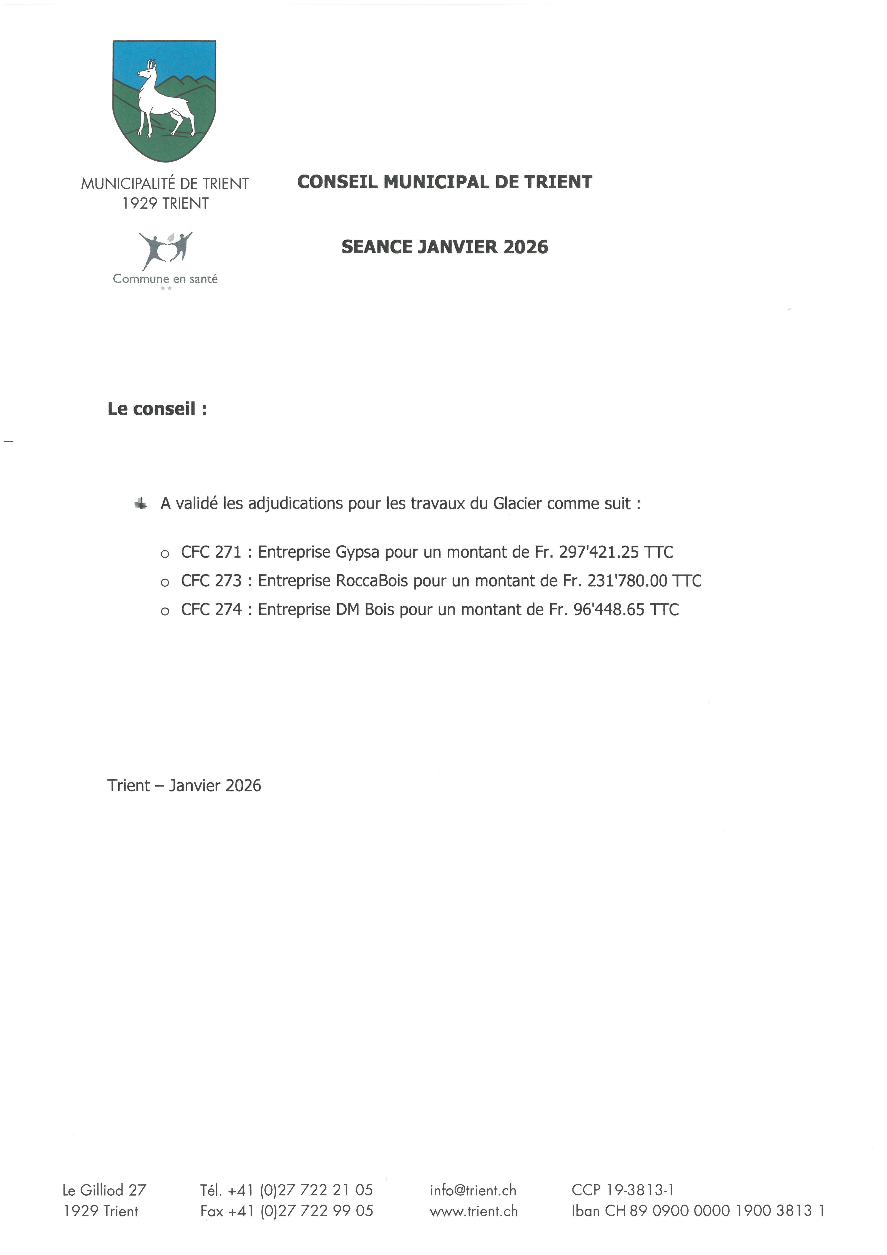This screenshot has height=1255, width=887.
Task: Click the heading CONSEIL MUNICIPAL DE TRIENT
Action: pos(444,182)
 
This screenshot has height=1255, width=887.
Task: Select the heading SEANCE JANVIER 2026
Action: pos(444,247)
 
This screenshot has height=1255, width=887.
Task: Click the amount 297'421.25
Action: pos(598,552)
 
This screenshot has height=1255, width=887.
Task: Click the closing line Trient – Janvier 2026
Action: pos(184,785)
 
